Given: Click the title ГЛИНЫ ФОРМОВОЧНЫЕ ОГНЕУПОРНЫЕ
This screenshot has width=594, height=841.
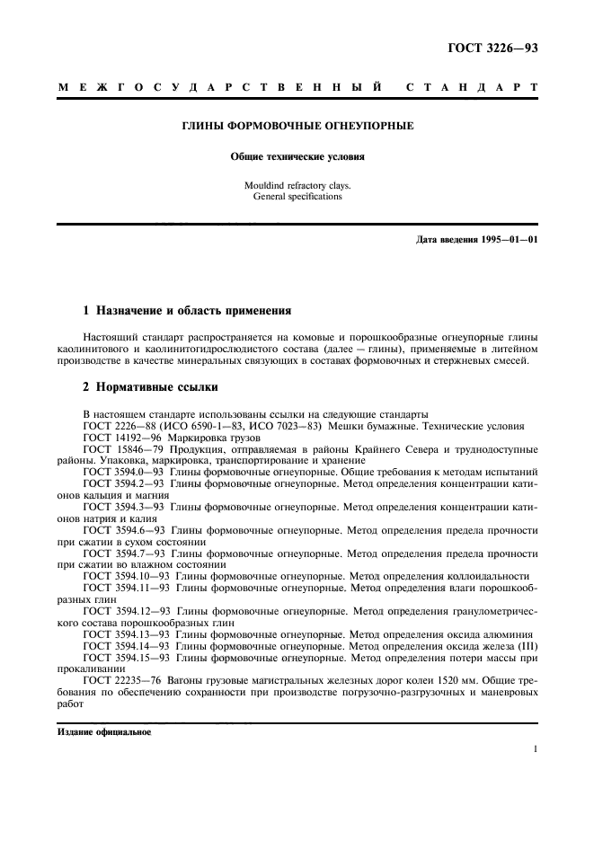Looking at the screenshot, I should coord(297,127).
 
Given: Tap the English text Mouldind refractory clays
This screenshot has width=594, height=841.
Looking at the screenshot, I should coord(297,185).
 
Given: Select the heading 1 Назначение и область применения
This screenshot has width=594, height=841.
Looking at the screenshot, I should coord(187,311).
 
